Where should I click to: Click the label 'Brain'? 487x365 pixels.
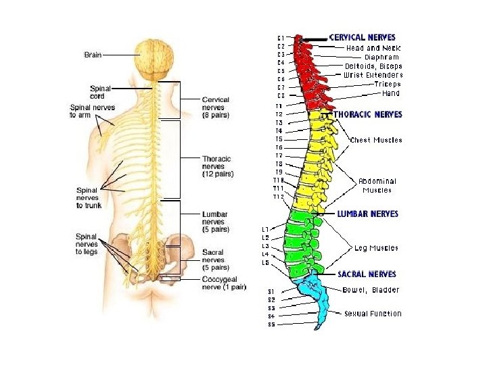93,54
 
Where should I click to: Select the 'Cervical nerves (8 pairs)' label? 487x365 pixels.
216,107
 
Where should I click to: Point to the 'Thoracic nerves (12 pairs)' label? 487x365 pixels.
217,166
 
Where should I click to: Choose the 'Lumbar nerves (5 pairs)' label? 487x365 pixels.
216,222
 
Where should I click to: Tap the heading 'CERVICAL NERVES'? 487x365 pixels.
363,38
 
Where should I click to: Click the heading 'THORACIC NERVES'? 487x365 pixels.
368,115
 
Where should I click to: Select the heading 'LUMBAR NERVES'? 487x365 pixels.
367,214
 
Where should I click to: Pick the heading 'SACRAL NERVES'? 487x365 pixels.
367,274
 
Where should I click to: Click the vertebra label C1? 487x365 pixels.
281,38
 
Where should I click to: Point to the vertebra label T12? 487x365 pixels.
279,197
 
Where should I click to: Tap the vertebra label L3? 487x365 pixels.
266,246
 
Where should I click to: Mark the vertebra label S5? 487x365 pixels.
271,324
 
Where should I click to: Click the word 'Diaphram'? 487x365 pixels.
383,57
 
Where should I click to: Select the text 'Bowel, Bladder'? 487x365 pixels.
371,290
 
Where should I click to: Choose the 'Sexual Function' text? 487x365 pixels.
372,314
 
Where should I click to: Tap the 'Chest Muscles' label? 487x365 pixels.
376,141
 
